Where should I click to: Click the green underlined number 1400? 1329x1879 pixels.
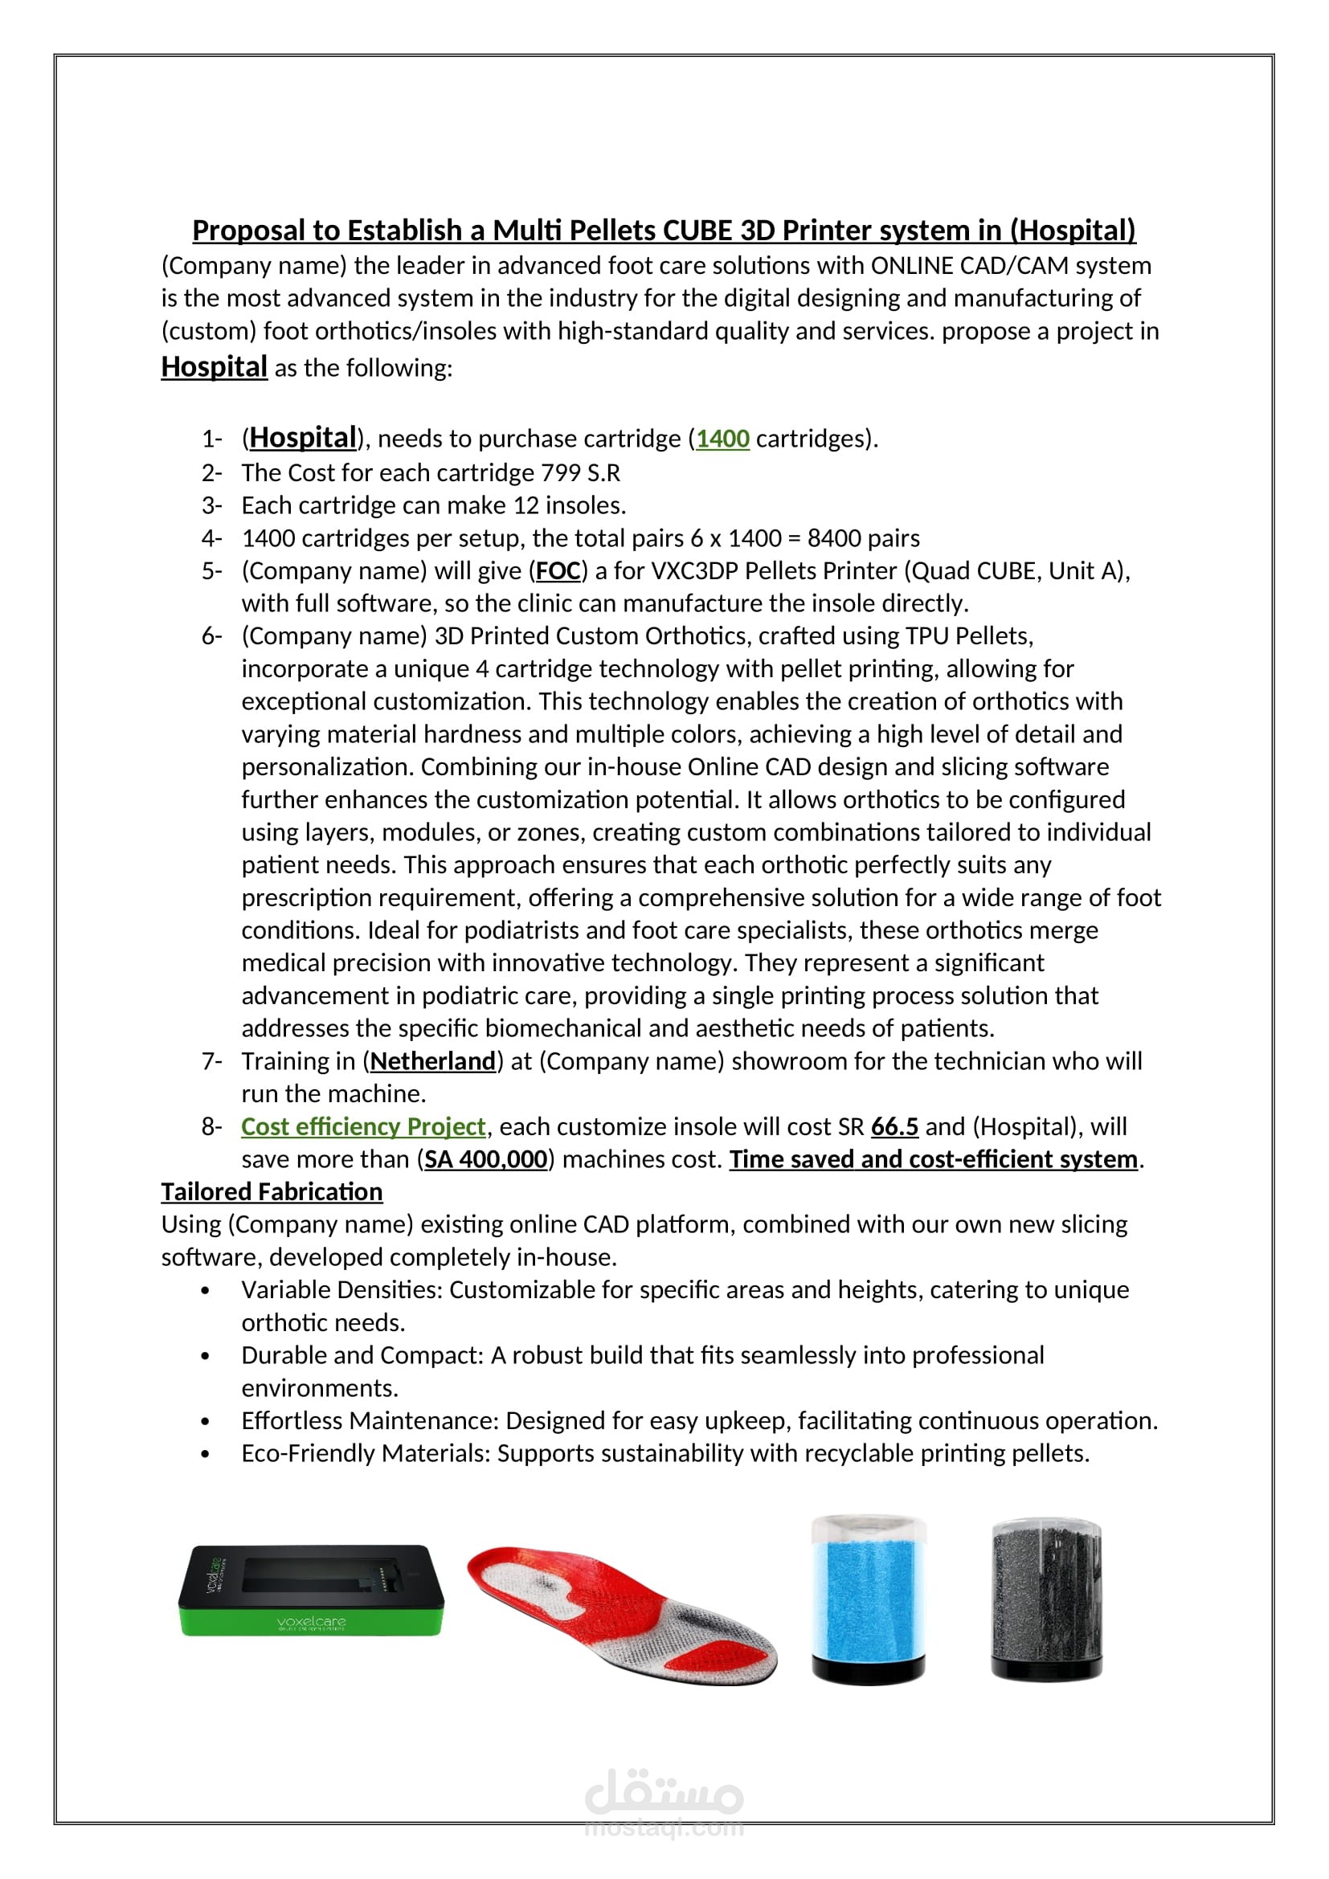[722, 439]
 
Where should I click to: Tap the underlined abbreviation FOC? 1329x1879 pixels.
[558, 570]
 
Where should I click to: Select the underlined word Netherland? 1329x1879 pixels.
[433, 1060]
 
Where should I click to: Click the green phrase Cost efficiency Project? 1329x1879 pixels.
[363, 1126]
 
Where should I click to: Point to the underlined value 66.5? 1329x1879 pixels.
[893, 1126]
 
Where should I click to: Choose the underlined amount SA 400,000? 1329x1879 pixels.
[485, 1159]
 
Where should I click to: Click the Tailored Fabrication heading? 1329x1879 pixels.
[272, 1191]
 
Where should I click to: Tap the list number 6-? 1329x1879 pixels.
[212, 636]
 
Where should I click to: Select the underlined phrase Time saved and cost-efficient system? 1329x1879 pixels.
[933, 1159]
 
